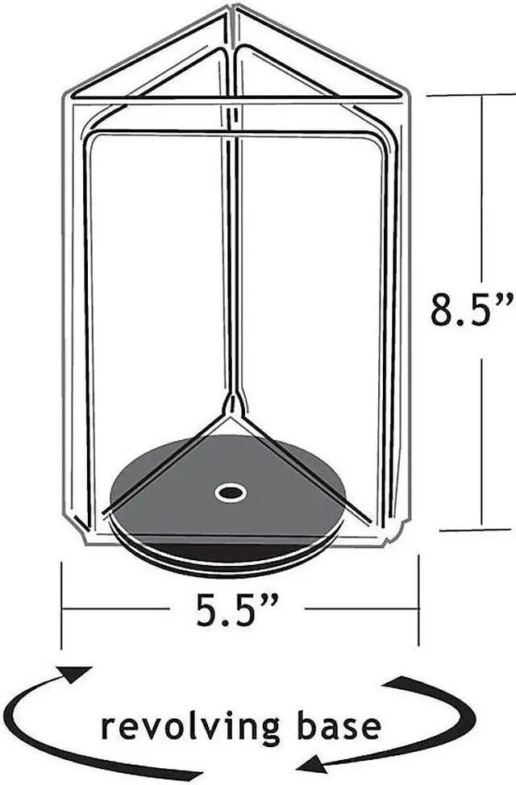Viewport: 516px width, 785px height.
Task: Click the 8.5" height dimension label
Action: coord(472,309)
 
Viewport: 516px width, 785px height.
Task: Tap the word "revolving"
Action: coord(191,729)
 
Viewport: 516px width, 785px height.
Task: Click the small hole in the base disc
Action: coord(231,492)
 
